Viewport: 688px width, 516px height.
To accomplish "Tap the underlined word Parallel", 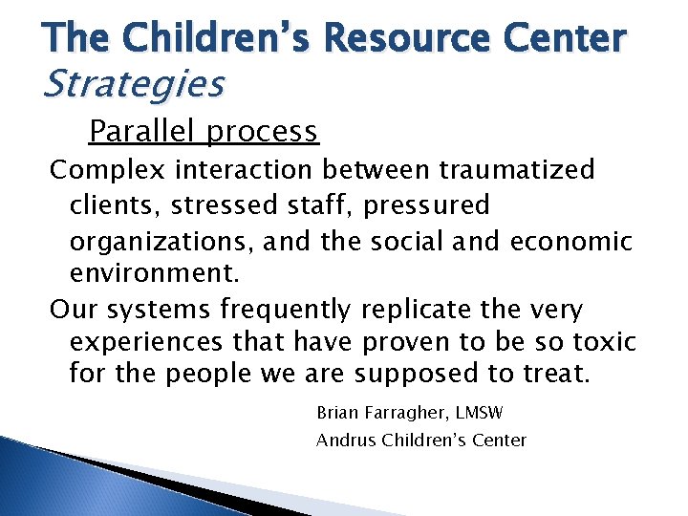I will tap(143, 130).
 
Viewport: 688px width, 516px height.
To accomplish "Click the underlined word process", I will tap(262, 131).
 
